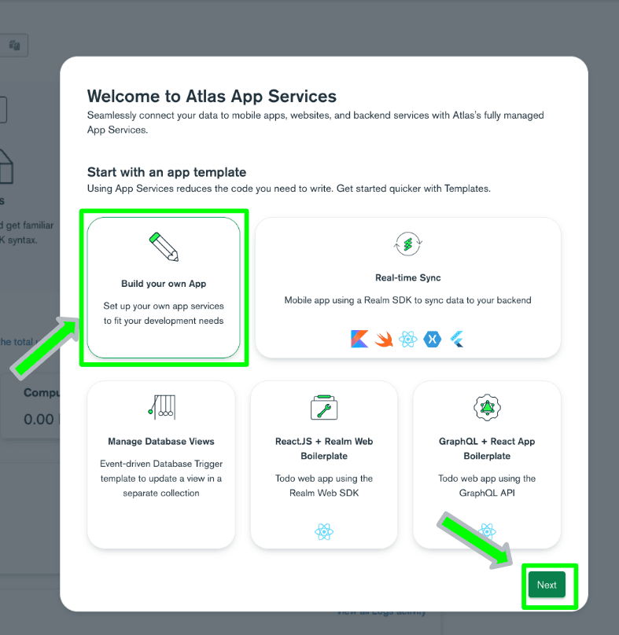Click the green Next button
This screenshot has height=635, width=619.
(x=547, y=585)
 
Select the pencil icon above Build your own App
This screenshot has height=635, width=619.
(x=164, y=247)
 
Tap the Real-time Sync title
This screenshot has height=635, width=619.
(x=407, y=278)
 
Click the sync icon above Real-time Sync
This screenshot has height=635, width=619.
(x=407, y=244)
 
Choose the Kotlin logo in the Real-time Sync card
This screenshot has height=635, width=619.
(x=359, y=339)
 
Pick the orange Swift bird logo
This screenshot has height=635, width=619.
(x=384, y=340)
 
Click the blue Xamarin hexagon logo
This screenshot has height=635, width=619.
(x=432, y=339)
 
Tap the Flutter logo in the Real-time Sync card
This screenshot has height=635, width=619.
(x=457, y=339)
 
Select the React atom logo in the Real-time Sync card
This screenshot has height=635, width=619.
(x=407, y=339)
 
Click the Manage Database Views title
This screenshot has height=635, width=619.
(x=161, y=442)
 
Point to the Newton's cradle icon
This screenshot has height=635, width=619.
(x=162, y=407)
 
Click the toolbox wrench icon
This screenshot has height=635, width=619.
(x=324, y=407)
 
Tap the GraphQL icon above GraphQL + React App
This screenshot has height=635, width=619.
(x=487, y=407)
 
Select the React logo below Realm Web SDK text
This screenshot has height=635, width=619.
(x=324, y=532)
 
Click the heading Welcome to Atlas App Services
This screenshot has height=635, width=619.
(x=212, y=97)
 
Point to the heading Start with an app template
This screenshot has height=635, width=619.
(x=167, y=172)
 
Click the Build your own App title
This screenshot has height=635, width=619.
(x=164, y=284)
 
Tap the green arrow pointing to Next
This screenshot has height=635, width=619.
(x=475, y=541)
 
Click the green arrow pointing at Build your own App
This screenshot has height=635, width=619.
(x=46, y=348)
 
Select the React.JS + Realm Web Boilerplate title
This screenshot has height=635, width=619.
(x=324, y=449)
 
